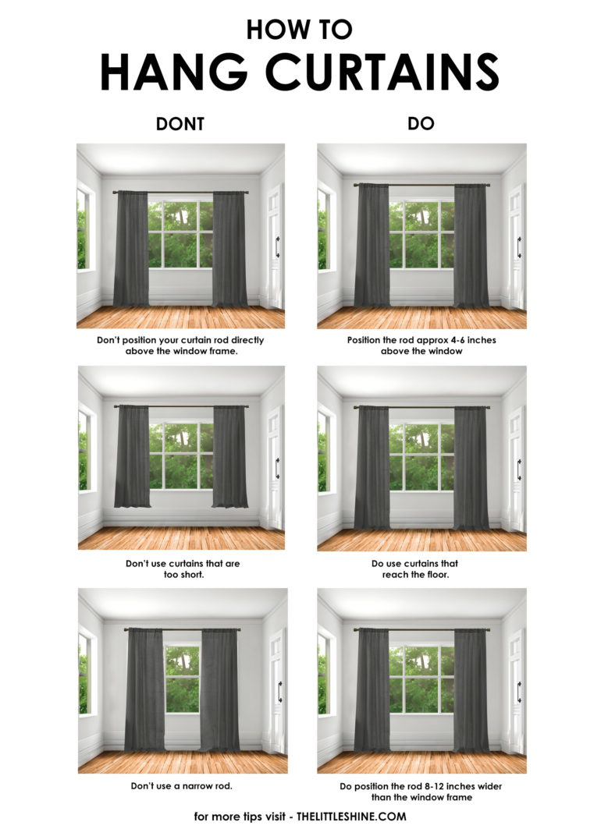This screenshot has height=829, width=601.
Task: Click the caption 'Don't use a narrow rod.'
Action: point(181,785)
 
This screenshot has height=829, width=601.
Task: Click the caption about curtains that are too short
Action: point(181,568)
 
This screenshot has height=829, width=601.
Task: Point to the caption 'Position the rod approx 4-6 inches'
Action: point(421,340)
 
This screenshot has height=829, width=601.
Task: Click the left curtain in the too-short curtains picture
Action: point(132,456)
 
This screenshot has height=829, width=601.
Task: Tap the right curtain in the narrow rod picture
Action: point(220,689)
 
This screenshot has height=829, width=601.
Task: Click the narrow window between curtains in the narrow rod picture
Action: point(183,678)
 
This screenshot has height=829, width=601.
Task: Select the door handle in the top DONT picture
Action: point(276,246)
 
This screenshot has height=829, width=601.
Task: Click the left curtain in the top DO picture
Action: point(372,246)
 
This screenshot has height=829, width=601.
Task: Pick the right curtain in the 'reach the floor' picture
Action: point(471,468)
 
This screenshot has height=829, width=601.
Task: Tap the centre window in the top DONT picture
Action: point(180,234)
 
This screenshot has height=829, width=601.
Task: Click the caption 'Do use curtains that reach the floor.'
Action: point(421,568)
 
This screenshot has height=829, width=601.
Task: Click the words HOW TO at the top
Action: point(300,29)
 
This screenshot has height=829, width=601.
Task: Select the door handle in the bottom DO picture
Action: point(517,691)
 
